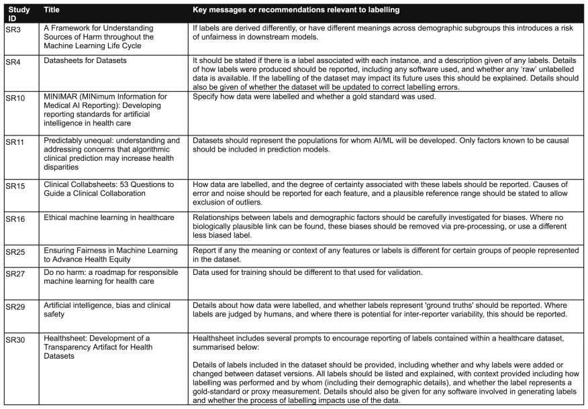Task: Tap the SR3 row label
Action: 13,30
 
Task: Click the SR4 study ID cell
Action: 13,62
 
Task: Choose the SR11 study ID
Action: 15,142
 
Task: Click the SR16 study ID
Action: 15,219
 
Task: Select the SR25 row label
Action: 15,251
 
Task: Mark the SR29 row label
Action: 15,306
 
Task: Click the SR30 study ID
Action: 15,340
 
